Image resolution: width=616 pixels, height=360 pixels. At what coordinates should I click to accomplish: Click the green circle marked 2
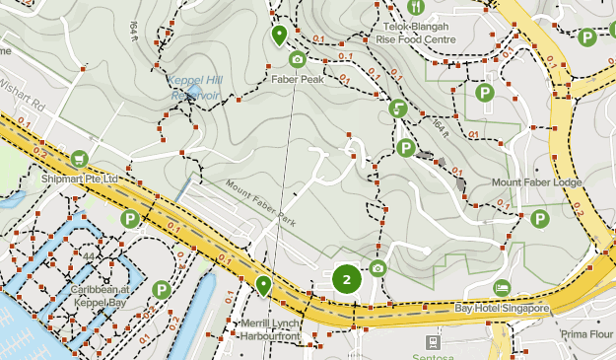(x=347, y=279)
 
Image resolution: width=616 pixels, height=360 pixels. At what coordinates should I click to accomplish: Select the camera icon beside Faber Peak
(x=298, y=60)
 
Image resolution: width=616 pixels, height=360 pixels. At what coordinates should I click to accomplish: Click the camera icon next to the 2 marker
(x=377, y=268)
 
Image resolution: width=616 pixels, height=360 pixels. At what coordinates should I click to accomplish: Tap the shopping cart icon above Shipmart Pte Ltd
(x=78, y=159)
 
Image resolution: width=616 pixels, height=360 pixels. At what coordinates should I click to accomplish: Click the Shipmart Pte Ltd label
(x=80, y=179)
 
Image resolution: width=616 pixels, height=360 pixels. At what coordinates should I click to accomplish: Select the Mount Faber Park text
(x=260, y=201)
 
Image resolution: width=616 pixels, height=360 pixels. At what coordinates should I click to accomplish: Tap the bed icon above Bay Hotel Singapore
(x=502, y=287)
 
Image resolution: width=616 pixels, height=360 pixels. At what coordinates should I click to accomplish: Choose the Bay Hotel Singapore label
(x=501, y=309)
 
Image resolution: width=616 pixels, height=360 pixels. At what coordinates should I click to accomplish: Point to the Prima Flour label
(x=585, y=334)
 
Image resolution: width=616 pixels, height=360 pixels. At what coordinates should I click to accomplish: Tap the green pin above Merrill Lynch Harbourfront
(x=263, y=285)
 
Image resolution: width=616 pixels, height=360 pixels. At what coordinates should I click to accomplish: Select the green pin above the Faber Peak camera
(x=280, y=36)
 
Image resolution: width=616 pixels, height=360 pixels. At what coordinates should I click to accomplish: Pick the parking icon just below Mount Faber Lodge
(x=538, y=219)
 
